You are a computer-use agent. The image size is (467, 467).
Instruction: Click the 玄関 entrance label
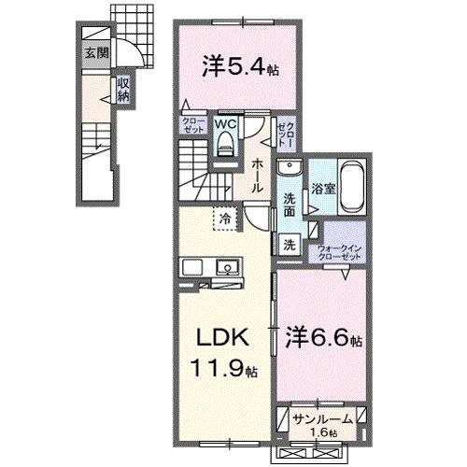95,52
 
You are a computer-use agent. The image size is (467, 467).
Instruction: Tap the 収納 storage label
123,91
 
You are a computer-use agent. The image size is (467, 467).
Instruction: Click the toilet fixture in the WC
225,141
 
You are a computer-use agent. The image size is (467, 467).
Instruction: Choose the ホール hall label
256,175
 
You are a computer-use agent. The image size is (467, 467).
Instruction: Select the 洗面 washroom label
290,205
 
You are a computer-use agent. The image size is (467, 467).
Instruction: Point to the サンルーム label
321,419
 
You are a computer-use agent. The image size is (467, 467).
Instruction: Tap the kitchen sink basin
226,268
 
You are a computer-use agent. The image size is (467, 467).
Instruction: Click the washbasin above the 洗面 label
290,170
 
